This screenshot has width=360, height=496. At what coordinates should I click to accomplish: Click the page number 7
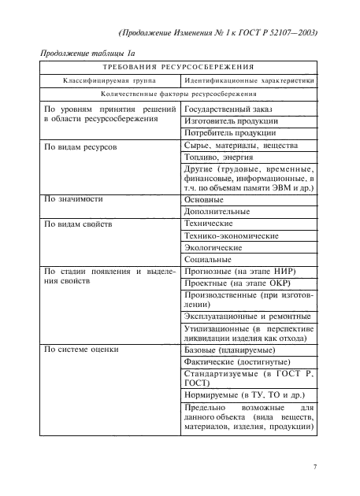click(x=314, y=467)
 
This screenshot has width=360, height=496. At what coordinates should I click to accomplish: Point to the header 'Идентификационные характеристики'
click(x=249, y=80)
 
